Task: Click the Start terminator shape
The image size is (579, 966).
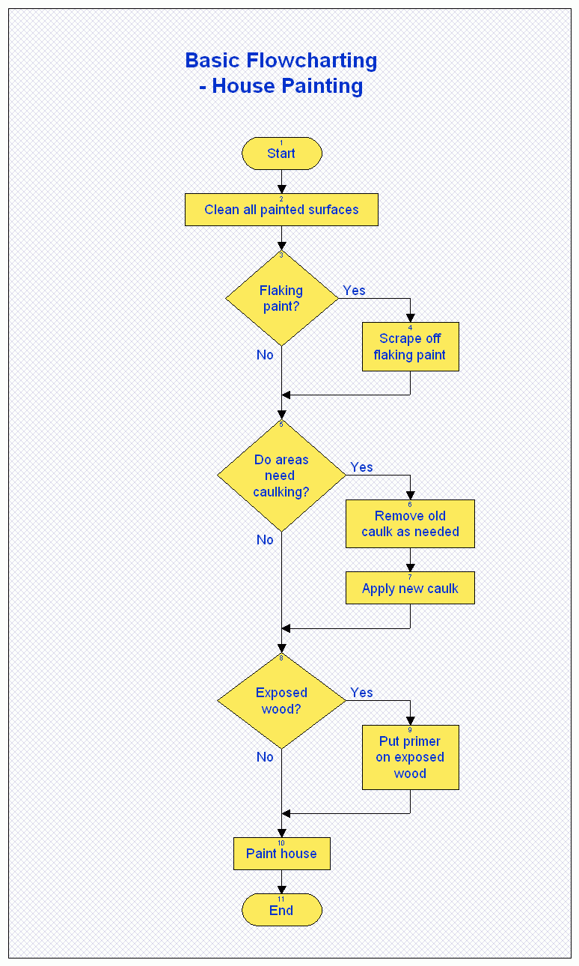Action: point(282,154)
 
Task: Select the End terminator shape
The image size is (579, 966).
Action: point(282,910)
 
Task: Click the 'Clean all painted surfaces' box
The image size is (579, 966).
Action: point(282,210)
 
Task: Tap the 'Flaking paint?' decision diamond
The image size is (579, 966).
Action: point(282,298)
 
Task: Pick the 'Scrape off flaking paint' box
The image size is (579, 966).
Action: point(411,347)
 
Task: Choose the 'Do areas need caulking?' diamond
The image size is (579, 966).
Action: point(282,476)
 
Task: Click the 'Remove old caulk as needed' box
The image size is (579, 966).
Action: point(410,524)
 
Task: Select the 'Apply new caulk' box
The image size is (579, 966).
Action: point(410,589)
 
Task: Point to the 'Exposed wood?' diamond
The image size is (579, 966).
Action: point(282,701)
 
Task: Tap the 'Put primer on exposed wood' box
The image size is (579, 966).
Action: point(411,758)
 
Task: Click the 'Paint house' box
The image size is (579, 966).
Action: point(282,854)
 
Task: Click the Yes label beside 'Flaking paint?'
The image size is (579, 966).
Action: point(354,291)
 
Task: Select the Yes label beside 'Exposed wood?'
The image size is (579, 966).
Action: point(361,693)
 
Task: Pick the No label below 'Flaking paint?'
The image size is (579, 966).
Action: point(265,355)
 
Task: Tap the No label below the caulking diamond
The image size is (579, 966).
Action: point(265,540)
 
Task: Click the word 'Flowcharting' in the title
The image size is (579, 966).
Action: point(311,61)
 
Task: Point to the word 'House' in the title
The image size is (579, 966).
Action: point(244,86)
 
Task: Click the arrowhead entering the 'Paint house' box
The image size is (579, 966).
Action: point(282,833)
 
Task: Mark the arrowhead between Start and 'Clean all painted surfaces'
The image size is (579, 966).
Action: point(282,189)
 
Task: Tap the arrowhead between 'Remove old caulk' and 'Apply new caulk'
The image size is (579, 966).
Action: point(411,568)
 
